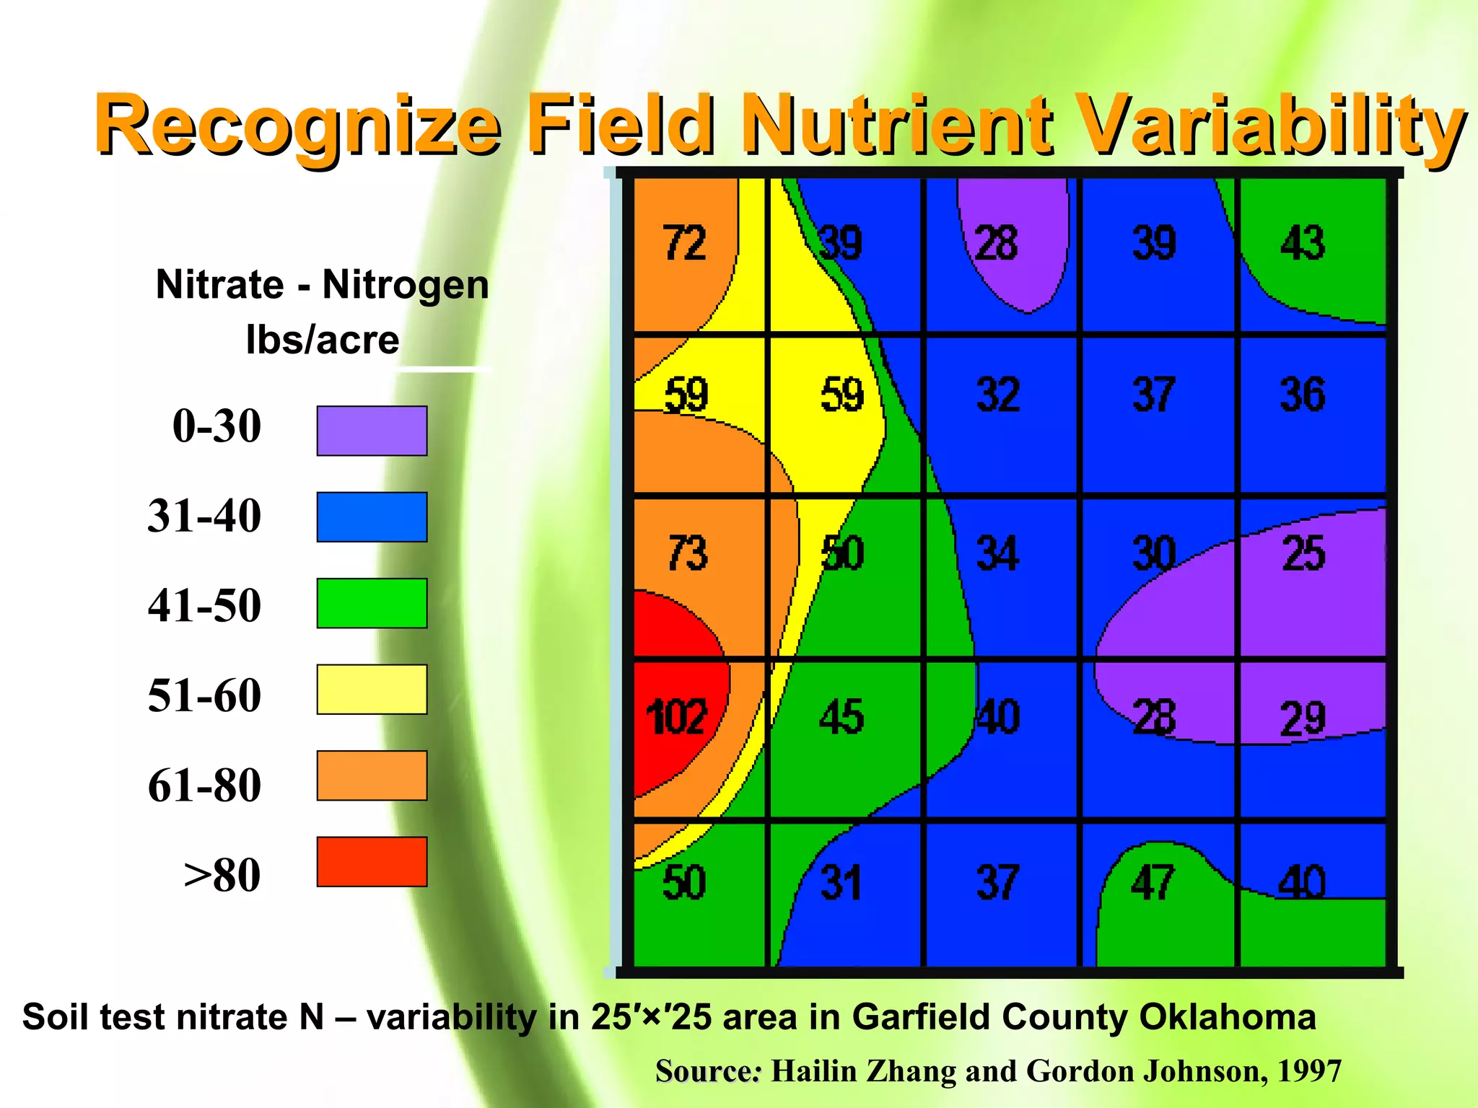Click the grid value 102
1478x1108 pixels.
point(675,717)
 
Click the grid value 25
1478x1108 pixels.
point(1303,554)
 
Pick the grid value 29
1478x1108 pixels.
point(1303,718)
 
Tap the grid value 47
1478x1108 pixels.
point(1153,883)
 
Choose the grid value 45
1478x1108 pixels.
point(841,717)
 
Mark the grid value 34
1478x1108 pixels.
point(997,554)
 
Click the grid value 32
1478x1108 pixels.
point(998,395)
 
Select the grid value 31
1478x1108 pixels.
point(841,883)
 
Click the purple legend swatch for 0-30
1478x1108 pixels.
point(372,431)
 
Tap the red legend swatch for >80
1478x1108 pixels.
point(372,861)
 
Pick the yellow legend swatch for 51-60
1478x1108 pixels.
point(372,690)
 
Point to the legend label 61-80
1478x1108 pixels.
point(204,785)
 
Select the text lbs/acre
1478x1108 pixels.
point(322,339)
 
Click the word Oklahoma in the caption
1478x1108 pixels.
point(1227,1017)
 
